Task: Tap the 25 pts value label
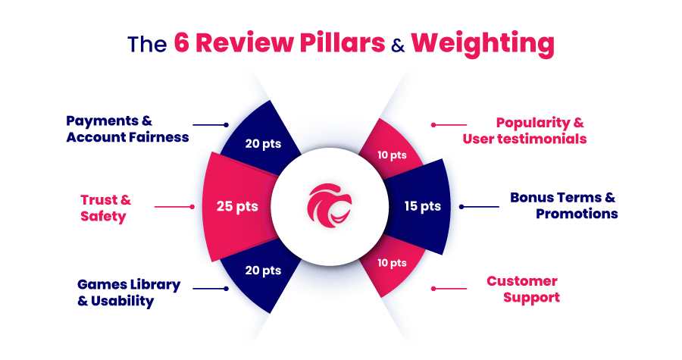(236, 205)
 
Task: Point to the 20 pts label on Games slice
(262, 270)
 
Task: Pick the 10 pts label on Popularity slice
(393, 155)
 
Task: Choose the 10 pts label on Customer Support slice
(393, 263)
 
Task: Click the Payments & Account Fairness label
(127, 129)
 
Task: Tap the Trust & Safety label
(105, 208)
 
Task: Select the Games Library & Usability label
(129, 293)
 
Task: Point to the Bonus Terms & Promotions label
(563, 205)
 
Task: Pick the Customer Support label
(523, 289)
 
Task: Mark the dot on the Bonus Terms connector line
(462, 205)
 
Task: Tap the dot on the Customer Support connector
(433, 288)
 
